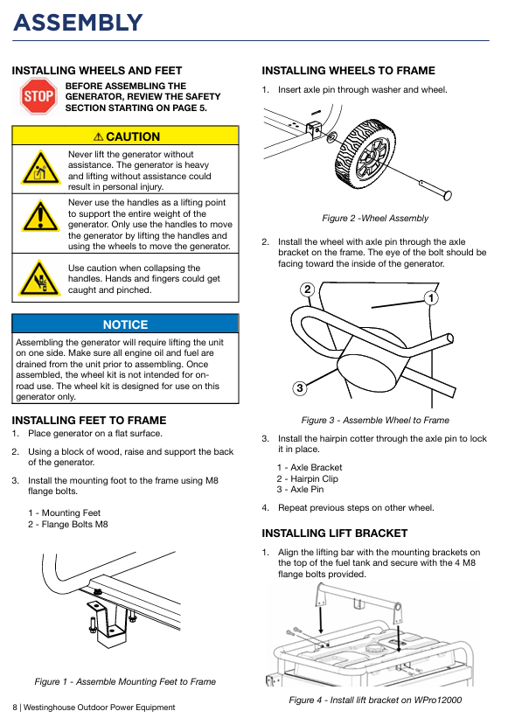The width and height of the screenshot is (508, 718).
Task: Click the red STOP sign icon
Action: [x=38, y=96]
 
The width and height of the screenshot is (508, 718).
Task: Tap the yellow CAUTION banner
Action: [x=125, y=136]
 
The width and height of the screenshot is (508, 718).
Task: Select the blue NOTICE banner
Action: [x=125, y=324]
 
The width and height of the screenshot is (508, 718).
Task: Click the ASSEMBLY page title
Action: [x=78, y=23]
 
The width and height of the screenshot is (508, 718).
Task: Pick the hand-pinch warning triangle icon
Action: [x=40, y=278]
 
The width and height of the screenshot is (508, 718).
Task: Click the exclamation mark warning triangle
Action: [x=40, y=216]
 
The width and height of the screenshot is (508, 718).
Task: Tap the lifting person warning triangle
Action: [x=40, y=168]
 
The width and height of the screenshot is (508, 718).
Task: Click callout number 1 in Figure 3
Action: [x=431, y=298]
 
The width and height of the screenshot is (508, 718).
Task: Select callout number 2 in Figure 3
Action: [x=308, y=289]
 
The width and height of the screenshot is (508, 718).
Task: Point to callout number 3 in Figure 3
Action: [x=300, y=388]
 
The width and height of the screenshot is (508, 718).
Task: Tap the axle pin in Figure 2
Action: [x=435, y=190]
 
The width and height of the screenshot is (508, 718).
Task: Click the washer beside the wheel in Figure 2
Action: [x=331, y=136]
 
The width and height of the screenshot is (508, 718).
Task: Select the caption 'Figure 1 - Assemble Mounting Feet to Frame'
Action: [x=125, y=681]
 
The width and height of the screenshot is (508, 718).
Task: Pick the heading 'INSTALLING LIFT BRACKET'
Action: [x=335, y=533]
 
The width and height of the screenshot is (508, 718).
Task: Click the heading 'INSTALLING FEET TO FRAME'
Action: [x=89, y=420]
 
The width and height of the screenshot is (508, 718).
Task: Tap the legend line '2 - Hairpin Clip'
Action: [x=308, y=478]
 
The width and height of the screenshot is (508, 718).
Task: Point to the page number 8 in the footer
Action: [x=15, y=708]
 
